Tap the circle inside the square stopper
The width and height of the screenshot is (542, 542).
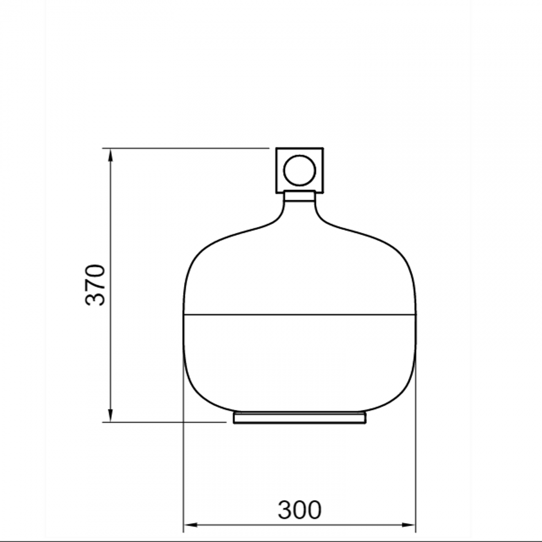[x=300, y=170]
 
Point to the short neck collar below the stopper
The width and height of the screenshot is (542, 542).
[x=300, y=196]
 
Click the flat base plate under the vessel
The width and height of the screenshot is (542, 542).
[x=300, y=418]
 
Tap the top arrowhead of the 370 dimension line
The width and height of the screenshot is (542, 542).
[x=110, y=155]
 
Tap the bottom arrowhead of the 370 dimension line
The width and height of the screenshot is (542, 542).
[x=110, y=415]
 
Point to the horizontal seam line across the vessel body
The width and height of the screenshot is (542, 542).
[x=300, y=314]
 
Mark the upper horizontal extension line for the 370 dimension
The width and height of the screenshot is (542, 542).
[x=188, y=148]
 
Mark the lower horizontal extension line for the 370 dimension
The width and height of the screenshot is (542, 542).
[x=167, y=422]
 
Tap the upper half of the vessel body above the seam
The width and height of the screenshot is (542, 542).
[x=300, y=271]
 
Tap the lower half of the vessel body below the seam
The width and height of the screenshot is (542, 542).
[x=300, y=359]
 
